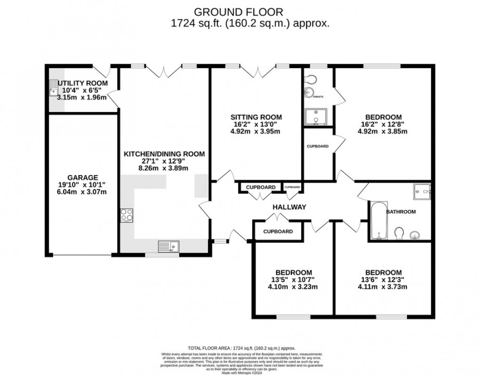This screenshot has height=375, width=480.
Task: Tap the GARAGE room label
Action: pos(82,177)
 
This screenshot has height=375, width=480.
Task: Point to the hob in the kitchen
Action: pos(127,215)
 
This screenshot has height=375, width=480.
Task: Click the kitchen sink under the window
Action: pos(168,246)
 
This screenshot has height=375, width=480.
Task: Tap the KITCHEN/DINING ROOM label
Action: pos(164,154)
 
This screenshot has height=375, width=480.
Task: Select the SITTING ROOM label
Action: pos(256,117)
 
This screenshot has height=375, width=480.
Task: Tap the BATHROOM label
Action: pos(401,212)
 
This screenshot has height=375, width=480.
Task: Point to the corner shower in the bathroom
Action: pos(422,191)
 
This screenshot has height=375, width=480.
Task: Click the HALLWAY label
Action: pos(289,207)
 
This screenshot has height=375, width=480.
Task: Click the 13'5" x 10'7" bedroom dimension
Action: pos(293,280)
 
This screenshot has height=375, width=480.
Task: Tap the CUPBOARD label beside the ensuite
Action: pos(318,146)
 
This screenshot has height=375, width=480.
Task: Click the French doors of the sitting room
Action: pos(256,72)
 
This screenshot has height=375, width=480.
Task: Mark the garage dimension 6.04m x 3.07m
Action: pos(82,192)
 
